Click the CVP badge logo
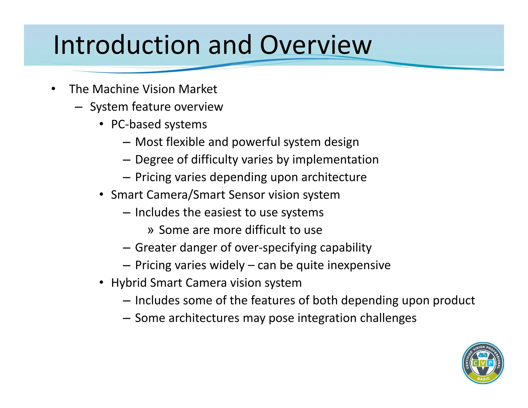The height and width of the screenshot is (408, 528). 483,363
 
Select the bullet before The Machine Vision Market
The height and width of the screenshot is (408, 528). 53,89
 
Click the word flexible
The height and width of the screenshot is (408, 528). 185,142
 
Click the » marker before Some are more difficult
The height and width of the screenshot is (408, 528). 151,230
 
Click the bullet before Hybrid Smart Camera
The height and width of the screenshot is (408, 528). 101,283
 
